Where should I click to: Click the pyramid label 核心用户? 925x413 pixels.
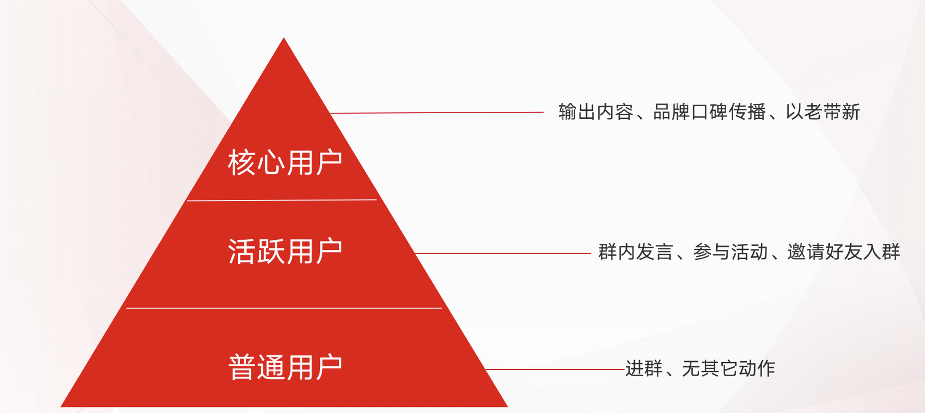[285, 163]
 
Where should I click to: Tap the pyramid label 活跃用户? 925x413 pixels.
[285, 251]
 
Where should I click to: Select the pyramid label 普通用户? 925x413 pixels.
[285, 367]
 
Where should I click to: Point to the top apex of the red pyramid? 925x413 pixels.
[284, 37]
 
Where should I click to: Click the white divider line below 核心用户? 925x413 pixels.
[282, 201]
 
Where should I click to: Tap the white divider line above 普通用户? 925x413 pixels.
[284, 308]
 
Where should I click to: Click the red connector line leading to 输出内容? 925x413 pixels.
[437, 113]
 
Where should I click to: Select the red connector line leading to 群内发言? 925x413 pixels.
[503, 253]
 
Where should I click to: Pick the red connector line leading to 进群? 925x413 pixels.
[555, 370]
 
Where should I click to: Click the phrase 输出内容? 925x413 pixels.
[596, 112]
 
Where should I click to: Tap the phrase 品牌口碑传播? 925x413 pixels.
[710, 112]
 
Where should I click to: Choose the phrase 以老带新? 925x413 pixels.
[823, 112]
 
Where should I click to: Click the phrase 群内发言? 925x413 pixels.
[636, 252]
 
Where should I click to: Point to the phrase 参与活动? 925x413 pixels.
[730, 252]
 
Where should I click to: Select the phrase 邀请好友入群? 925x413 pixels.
[844, 252]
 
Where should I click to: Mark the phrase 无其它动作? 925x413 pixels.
[729, 369]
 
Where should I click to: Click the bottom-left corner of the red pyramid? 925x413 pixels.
[61, 407]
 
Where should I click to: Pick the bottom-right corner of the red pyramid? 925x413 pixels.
[508, 407]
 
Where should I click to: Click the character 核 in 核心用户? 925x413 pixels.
[242, 163]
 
